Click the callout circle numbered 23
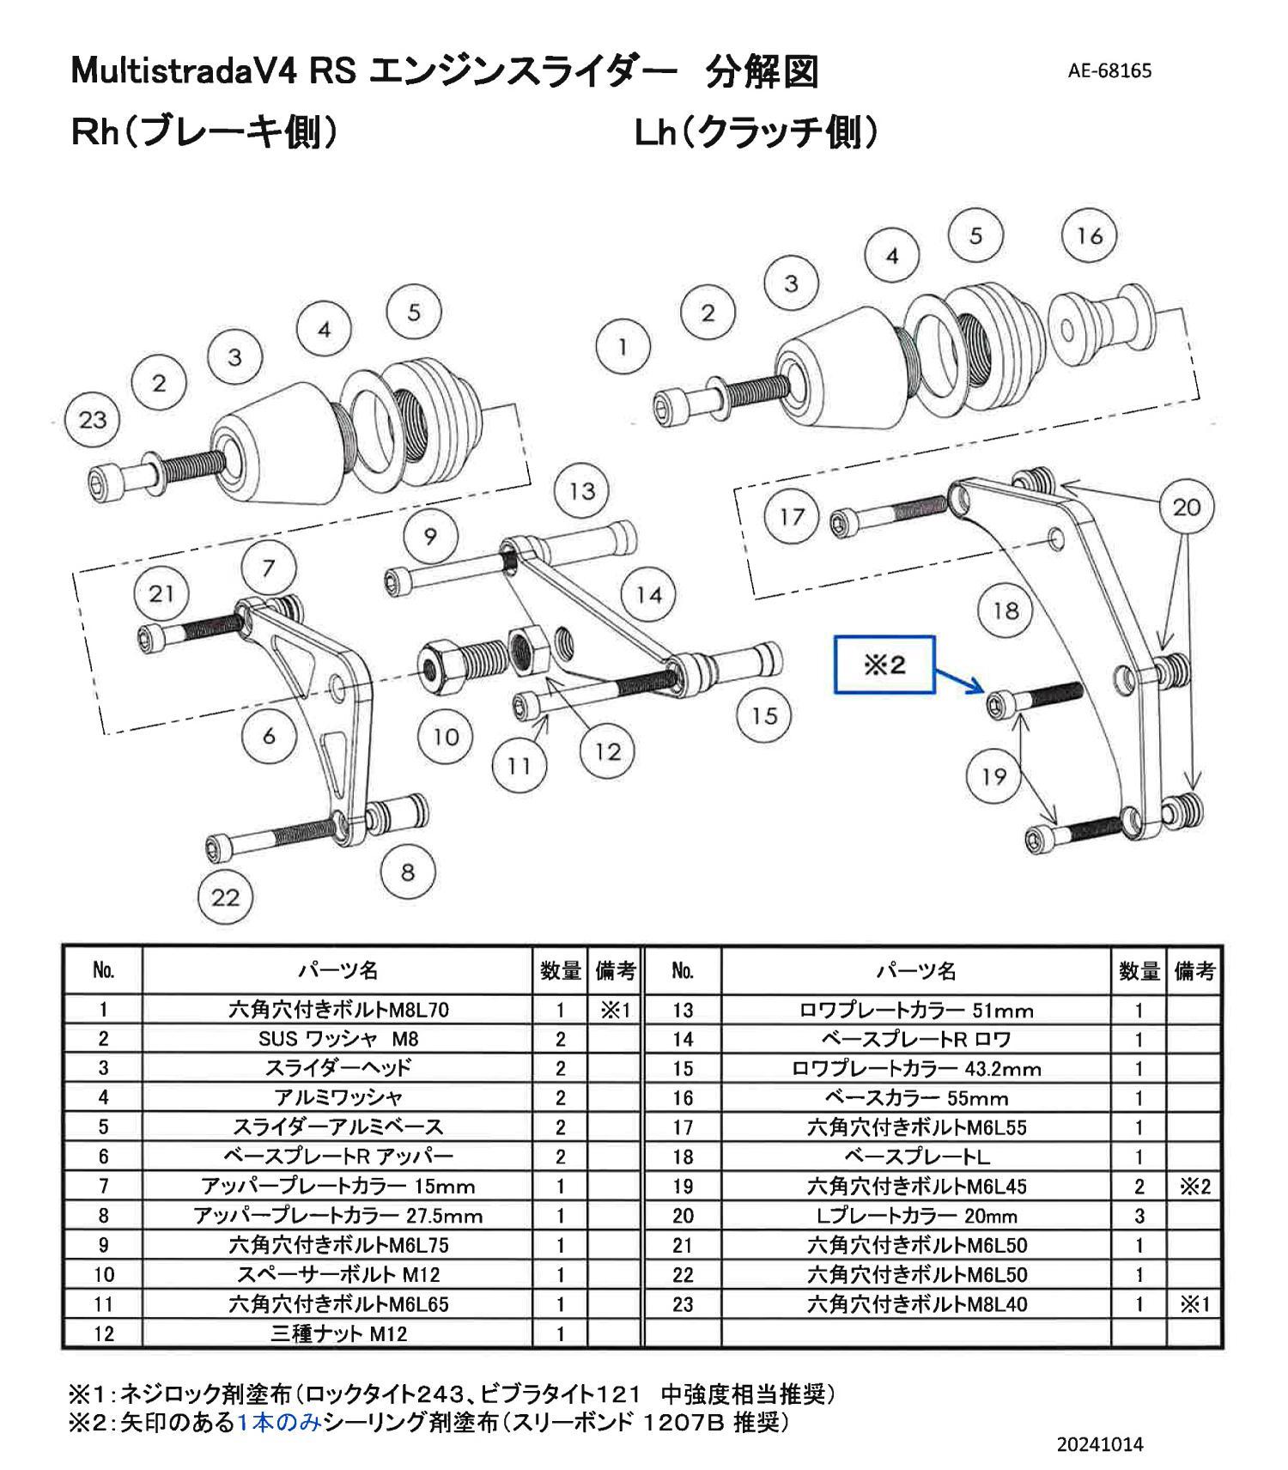(x=92, y=420)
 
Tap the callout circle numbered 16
(x=1089, y=236)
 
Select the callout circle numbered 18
(x=1005, y=610)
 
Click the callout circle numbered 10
(x=446, y=737)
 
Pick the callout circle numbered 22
(x=225, y=897)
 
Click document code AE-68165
(x=1109, y=70)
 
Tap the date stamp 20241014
(x=1100, y=1444)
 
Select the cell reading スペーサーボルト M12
(x=337, y=1274)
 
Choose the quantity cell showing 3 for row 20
(x=1139, y=1216)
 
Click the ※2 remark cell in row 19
(x=1194, y=1187)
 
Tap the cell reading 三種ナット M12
(x=337, y=1333)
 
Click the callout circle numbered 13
(x=582, y=491)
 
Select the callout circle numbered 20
(x=1186, y=507)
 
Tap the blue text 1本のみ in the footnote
(x=279, y=1423)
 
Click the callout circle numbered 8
(x=407, y=872)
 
